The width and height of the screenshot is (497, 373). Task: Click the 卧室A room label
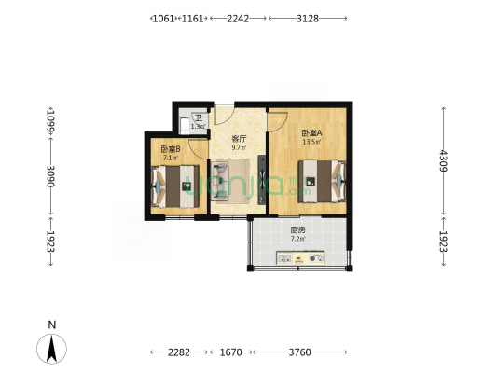[x=311, y=133]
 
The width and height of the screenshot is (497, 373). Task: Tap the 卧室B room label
[x=170, y=149]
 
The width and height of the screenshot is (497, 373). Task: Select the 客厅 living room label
[x=239, y=138]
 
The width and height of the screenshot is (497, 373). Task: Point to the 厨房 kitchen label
[x=297, y=229]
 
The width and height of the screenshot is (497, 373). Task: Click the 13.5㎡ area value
[x=311, y=143]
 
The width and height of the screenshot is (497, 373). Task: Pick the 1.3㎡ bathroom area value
[x=197, y=126]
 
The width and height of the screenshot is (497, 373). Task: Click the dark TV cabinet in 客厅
[x=262, y=179]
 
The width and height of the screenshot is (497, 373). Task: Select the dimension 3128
[x=307, y=18]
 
